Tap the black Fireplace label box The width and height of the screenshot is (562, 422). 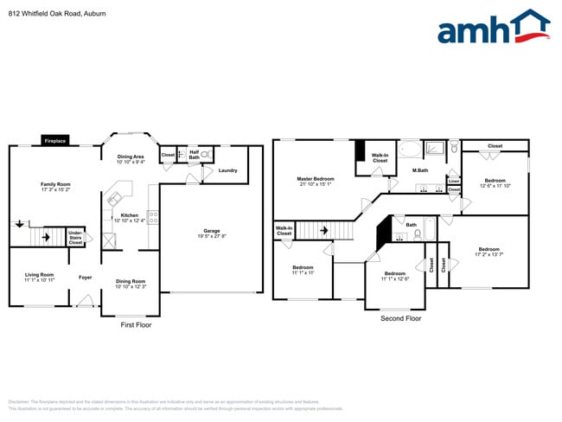[55, 141]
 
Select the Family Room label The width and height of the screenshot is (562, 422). [55, 184]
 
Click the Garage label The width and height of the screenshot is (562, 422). [211, 230]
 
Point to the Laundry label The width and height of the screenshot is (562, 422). [227, 170]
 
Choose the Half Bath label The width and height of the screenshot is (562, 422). [195, 155]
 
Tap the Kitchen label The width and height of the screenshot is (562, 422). [130, 215]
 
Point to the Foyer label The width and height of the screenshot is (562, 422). [85, 278]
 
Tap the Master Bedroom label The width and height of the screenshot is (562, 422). [316, 178]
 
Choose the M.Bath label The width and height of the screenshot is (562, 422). [421, 170]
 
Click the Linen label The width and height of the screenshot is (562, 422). [454, 181]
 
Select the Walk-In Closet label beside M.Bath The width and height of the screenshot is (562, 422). [380, 157]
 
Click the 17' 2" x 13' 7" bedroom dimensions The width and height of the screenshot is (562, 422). [489, 254]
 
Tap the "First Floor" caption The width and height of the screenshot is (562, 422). [136, 324]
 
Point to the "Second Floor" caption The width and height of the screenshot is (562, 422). [401, 318]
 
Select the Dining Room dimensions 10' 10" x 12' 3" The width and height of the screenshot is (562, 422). [131, 286]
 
